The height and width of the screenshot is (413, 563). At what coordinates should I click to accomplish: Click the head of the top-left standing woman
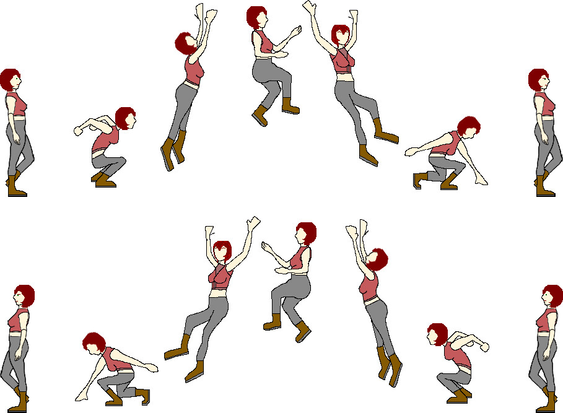tap(11, 80)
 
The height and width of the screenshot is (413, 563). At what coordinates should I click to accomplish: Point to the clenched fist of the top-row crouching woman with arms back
tap(79, 131)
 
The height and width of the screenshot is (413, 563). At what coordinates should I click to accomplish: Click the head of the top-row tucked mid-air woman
tap(256, 17)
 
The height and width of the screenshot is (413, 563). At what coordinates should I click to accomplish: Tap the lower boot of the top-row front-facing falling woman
tap(368, 155)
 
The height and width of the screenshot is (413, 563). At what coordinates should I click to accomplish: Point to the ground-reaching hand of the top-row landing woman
tap(479, 180)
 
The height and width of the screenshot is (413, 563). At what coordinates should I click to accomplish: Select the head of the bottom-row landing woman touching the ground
tap(94, 342)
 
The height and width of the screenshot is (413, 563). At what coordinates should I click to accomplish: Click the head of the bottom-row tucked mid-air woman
tap(305, 233)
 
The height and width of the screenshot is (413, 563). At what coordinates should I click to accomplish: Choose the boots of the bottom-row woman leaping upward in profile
tap(390, 366)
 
